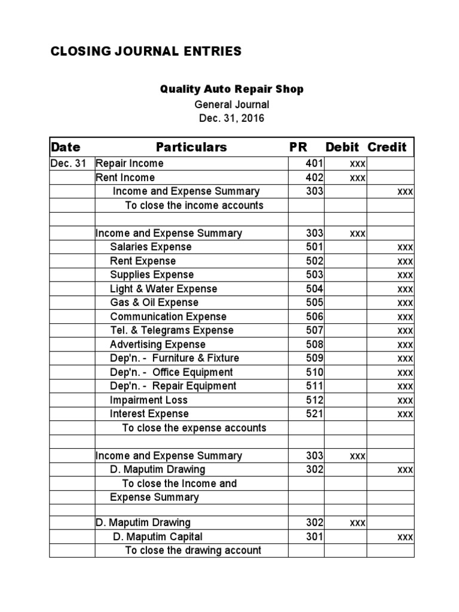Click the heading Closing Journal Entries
[x=146, y=51]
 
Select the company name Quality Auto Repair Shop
[x=231, y=89]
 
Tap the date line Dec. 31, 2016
[x=231, y=118]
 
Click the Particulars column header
[x=191, y=147]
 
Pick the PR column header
[x=298, y=147]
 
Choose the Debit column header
[x=342, y=147]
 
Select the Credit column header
[x=387, y=147]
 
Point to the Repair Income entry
[x=130, y=163]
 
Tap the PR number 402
[x=314, y=178]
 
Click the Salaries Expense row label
[x=151, y=247]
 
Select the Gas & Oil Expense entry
[x=154, y=302]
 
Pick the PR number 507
[x=314, y=331]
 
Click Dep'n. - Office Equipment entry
[x=173, y=372]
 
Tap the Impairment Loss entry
[x=149, y=400]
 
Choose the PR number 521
[x=314, y=414]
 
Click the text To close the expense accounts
[x=194, y=428]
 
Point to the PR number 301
[x=314, y=537]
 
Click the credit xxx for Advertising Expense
[x=405, y=345]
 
